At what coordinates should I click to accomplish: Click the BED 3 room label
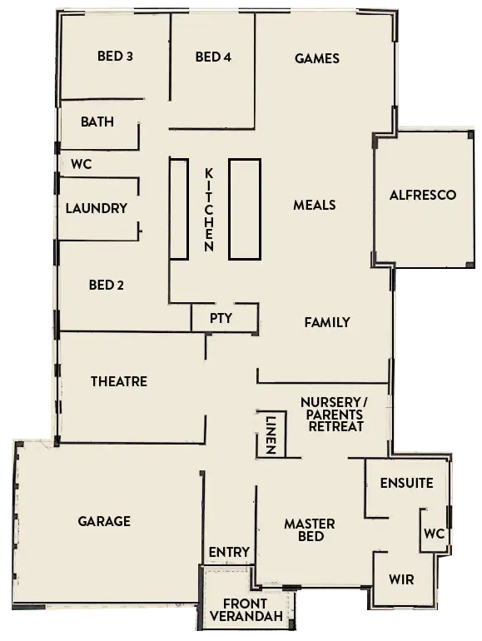click(115, 57)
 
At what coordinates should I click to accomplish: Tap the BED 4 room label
click(213, 57)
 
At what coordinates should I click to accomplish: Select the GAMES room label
click(317, 58)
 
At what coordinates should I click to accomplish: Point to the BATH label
click(97, 122)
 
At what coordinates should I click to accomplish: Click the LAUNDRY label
click(97, 208)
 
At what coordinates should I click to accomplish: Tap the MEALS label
click(315, 205)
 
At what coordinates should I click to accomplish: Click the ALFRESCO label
click(423, 195)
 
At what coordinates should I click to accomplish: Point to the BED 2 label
click(107, 286)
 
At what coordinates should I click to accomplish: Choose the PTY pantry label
click(221, 318)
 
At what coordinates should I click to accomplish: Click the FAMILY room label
click(326, 322)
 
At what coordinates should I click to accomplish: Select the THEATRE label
click(119, 381)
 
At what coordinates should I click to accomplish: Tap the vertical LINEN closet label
click(270, 435)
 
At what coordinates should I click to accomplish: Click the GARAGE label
click(104, 521)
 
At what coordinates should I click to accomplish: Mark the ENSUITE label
click(406, 483)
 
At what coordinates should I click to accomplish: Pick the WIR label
click(401, 579)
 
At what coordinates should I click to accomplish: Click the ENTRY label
click(229, 552)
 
